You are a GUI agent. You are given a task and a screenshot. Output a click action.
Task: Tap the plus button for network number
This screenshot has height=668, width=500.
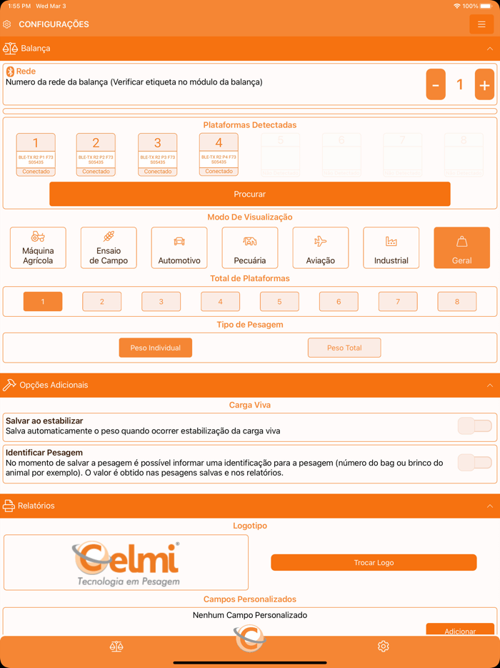tap(484, 84)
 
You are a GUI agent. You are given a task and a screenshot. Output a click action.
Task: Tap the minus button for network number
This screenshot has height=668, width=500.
tap(436, 84)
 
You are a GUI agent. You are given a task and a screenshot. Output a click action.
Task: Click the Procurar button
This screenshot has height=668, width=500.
tap(249, 194)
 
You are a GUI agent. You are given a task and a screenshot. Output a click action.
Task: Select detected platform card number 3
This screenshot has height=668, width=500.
tap(157, 154)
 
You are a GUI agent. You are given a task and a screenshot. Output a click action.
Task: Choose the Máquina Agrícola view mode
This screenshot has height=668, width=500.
tap(38, 247)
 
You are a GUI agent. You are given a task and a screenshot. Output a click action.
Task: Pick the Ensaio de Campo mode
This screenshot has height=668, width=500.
tap(109, 247)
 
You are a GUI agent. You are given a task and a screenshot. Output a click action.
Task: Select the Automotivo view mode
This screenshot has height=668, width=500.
tap(179, 247)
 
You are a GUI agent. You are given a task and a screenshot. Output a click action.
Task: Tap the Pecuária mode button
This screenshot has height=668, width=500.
tap(250, 247)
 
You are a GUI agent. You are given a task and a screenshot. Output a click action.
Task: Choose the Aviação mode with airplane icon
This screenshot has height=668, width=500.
tap(321, 247)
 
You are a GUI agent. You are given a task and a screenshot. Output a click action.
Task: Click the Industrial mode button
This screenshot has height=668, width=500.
tap(391, 247)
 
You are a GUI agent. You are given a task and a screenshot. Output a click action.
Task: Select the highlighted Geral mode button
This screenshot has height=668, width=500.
tap(461, 247)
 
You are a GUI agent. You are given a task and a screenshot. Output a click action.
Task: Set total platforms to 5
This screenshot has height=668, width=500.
tap(279, 302)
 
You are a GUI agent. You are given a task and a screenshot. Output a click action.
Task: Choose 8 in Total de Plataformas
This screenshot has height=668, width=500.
tap(457, 302)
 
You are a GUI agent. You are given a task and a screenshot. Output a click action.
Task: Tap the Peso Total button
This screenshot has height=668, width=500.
tap(344, 348)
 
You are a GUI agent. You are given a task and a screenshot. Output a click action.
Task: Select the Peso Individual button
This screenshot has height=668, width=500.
tap(156, 348)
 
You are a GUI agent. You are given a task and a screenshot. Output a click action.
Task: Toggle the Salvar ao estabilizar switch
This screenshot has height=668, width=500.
tap(475, 426)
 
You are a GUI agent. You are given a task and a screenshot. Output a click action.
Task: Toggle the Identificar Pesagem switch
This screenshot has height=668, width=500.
tap(475, 463)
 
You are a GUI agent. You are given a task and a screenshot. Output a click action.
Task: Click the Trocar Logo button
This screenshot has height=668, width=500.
tap(374, 563)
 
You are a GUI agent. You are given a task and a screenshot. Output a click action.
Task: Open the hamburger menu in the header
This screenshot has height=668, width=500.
tap(481, 24)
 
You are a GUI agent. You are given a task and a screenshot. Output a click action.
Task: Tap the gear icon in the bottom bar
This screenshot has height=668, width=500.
tap(384, 647)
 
